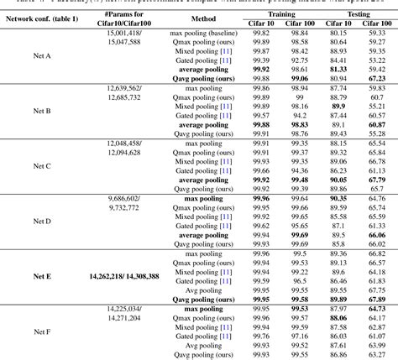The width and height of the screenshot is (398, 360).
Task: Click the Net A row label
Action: (x=42, y=56)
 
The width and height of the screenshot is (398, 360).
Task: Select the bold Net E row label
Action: (x=42, y=275)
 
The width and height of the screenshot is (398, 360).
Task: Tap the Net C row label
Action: (x=42, y=166)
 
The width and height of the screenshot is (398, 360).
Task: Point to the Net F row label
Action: (x=42, y=330)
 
